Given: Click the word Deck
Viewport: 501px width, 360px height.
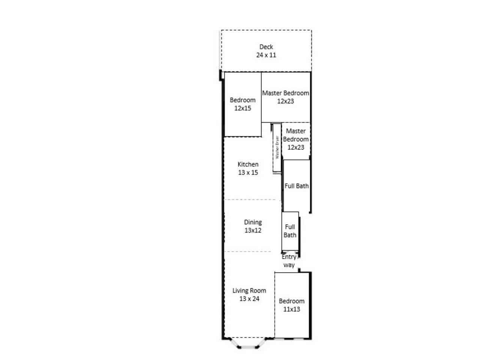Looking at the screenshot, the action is tap(266, 47).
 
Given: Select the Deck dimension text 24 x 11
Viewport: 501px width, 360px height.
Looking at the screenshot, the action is tap(266, 55).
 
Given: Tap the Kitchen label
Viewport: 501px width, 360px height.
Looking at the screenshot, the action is tap(248, 164).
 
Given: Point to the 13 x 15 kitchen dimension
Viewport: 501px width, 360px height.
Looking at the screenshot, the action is tap(248, 172).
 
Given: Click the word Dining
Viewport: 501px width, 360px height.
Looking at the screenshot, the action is tap(253, 222).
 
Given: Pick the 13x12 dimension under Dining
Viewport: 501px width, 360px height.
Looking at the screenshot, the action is tap(253, 230).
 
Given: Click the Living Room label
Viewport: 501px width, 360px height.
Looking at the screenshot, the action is tap(250, 291).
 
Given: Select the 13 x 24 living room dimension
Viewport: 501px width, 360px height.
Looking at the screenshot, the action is tap(250, 299).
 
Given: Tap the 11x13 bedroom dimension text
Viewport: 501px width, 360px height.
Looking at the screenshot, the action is tap(292, 309).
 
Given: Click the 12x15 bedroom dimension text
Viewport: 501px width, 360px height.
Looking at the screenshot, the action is tap(243, 108).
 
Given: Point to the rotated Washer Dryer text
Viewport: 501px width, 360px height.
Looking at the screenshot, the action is tap(277, 147).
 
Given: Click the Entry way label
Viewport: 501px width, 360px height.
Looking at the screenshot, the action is tap(289, 261).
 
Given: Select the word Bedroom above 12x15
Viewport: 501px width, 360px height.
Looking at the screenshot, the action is tap(243, 100).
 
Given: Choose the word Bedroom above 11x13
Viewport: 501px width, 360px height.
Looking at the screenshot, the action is tap(292, 301).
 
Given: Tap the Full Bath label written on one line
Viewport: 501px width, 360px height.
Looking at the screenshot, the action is tap(296, 186).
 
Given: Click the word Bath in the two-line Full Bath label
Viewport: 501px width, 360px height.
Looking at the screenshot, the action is tap(290, 235).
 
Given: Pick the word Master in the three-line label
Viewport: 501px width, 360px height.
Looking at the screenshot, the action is tap(296, 131).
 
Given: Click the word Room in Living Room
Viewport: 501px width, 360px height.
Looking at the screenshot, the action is tap(258, 291).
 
